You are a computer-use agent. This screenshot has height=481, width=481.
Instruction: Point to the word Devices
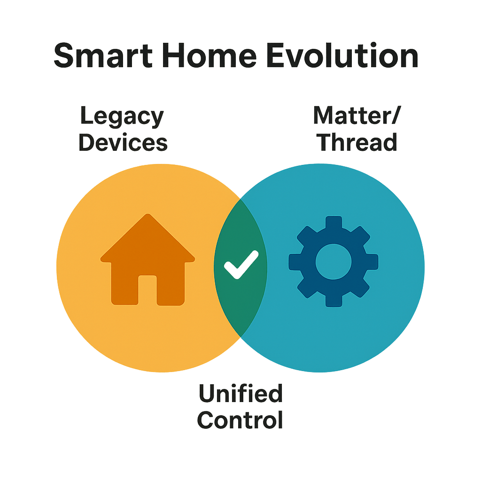[123, 142]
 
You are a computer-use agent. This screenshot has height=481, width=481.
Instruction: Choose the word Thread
[358, 142]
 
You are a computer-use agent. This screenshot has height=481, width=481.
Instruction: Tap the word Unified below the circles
[240, 394]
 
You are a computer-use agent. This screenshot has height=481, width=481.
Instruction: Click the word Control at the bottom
[240, 419]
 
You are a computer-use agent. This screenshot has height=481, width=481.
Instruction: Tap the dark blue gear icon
[334, 262]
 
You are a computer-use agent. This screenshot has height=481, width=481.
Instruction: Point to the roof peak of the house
[147, 217]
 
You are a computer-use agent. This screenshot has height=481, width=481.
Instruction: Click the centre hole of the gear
[334, 262]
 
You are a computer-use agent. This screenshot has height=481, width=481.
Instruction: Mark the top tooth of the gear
[334, 222]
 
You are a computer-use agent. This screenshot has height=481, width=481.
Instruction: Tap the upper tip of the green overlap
[240, 199]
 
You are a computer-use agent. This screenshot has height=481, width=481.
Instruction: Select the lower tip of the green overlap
[240, 336]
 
